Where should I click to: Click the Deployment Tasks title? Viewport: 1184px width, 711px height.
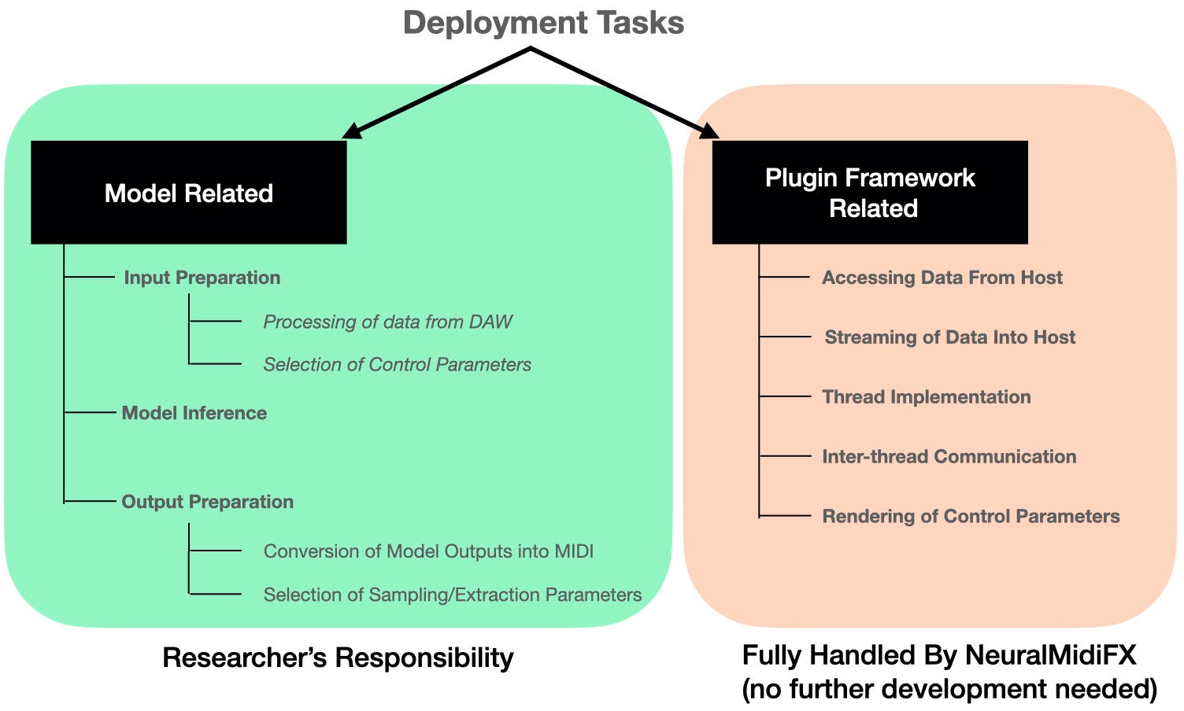coord(543,23)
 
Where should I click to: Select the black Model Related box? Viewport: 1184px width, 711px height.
coord(189,193)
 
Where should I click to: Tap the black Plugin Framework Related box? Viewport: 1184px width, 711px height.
coord(870,193)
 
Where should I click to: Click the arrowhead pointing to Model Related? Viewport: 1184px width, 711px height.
coord(352,131)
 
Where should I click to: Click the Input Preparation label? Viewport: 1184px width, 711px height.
coord(202,278)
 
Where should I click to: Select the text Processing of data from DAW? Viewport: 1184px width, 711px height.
coord(387,322)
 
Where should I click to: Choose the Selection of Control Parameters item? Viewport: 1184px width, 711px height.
coord(397,365)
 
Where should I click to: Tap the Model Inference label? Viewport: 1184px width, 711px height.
coord(194,413)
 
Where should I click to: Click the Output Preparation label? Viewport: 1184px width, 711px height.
coord(207,502)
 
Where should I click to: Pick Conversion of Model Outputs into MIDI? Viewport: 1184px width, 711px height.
coord(428,551)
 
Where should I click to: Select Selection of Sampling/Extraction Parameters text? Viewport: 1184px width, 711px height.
coord(452,595)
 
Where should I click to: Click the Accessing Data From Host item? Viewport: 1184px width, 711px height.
coord(942,278)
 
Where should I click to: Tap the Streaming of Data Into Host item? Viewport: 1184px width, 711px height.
coord(949,337)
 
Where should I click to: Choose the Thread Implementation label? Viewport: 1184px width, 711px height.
coord(927,397)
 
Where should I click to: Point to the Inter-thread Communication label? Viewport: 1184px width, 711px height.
coord(949,457)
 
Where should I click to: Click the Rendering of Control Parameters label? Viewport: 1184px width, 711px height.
coord(971,517)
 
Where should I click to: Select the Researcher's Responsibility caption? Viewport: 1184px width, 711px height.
coord(338,658)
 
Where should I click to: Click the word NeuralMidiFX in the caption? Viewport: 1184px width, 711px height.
coord(1050,655)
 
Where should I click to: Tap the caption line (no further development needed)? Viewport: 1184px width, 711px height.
coord(949,689)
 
